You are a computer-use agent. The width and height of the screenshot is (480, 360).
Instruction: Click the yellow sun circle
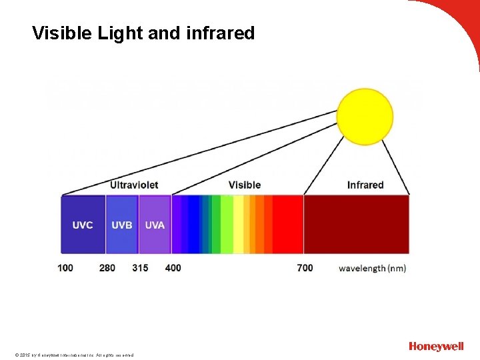[x=365, y=117]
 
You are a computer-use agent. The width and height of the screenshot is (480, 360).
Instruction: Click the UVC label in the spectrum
[x=83, y=225]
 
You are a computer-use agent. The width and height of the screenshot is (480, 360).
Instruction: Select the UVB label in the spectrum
[x=121, y=225]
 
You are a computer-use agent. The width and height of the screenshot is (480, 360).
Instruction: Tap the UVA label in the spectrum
[x=155, y=225]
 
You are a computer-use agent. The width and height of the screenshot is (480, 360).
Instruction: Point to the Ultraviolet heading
[x=134, y=185]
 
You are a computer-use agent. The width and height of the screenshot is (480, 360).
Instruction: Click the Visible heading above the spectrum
[x=245, y=185]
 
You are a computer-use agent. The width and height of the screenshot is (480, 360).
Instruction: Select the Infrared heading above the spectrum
[x=365, y=185]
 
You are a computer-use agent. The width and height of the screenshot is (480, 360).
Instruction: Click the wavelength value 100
[x=65, y=268]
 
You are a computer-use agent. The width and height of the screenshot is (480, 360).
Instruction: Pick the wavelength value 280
[x=107, y=268]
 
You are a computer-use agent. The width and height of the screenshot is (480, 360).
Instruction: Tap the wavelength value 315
[x=140, y=268]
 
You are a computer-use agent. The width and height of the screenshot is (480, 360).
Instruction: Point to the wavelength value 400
[x=173, y=268]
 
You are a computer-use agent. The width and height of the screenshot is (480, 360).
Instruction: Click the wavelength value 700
[x=305, y=268]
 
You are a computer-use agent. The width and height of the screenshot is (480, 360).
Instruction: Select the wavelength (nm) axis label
[x=372, y=268]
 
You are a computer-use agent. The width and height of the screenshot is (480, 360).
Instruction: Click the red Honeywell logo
[x=436, y=346]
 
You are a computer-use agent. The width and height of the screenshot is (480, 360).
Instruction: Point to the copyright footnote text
[x=73, y=355]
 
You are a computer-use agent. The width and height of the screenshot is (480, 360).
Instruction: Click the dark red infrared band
[x=356, y=224]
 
